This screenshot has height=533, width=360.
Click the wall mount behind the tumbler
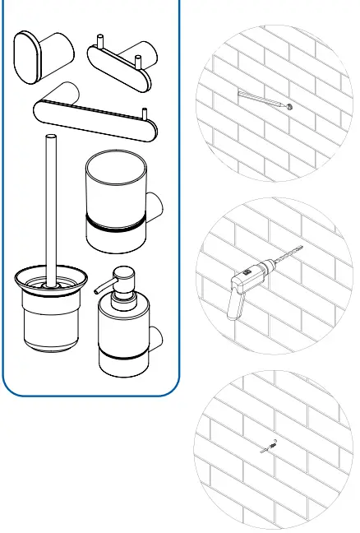(x=156, y=206)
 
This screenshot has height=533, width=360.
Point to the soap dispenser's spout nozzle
(x=99, y=285)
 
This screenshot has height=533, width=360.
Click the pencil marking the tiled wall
(x=261, y=100)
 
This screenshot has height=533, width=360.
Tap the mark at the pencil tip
(x=291, y=107)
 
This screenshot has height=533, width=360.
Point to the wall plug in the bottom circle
(x=268, y=448)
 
